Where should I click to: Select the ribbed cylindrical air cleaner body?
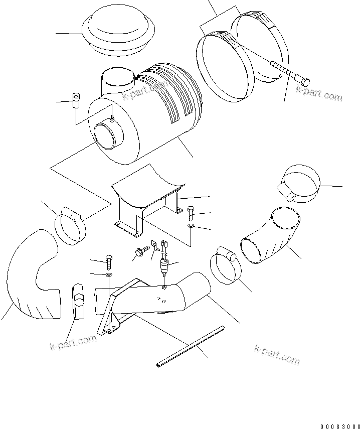point(150,115)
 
